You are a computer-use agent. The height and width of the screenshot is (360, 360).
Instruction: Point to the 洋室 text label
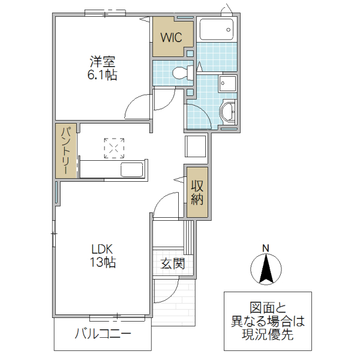[x=103, y=61]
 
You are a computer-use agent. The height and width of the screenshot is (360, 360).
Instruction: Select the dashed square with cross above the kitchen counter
[x=114, y=148]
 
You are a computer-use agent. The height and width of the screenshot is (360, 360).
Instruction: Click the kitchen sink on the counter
[x=131, y=169]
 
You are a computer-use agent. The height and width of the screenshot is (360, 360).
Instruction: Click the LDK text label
[x=103, y=249]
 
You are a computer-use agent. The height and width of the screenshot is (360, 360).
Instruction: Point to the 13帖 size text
[x=103, y=262]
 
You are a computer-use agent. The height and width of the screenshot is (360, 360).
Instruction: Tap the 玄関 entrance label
[x=173, y=263]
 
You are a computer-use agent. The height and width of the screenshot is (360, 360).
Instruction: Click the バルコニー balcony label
[x=103, y=334]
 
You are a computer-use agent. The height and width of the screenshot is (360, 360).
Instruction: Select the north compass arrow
[x=266, y=268]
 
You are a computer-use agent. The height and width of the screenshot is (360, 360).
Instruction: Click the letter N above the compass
[x=266, y=248]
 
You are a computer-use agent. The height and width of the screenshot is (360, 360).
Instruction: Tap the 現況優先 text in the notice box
[x=268, y=335]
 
